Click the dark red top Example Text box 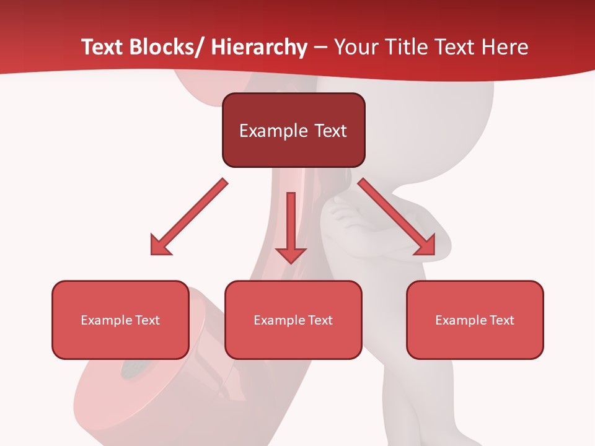(293, 130)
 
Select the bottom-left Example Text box (120, 320)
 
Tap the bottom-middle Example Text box (293, 320)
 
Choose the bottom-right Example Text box (475, 320)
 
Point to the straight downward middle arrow (291, 223)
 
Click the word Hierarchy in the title (259, 47)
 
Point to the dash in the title (320, 47)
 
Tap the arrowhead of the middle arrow (291, 255)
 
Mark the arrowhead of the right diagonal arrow (425, 245)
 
